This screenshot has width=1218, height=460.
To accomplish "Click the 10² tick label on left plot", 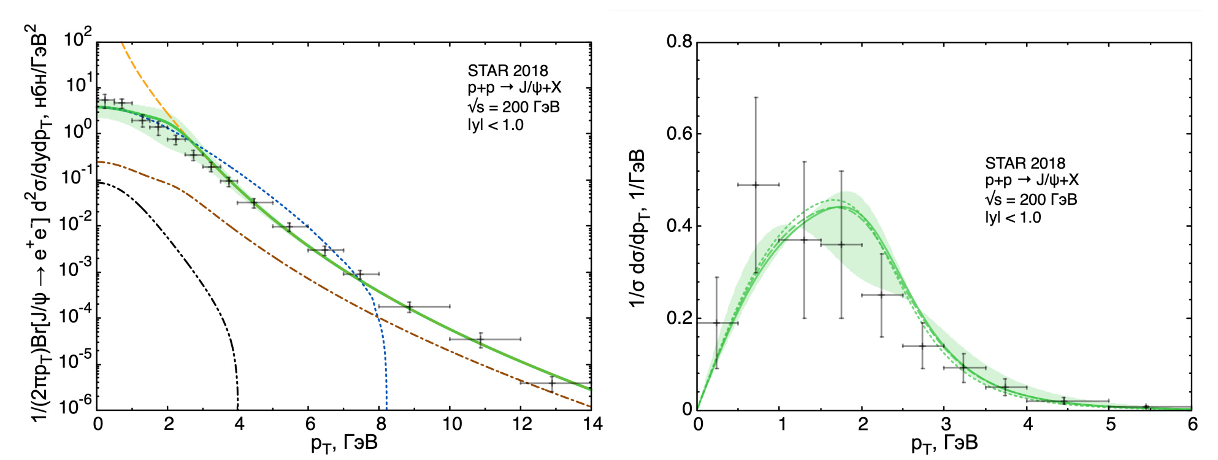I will tap(78, 39).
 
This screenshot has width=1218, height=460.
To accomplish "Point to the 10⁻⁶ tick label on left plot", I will tap(77, 405).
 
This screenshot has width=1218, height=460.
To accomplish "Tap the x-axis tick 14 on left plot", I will tap(592, 424).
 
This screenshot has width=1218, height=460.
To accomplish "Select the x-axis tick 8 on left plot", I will tap(381, 424).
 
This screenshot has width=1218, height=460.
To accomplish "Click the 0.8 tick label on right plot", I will tap(680, 42).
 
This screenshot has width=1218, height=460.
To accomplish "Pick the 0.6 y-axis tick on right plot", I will tap(680, 134).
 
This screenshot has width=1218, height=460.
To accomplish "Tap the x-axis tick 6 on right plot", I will tap(1192, 424).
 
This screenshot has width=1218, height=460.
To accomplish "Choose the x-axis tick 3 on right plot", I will tap(946, 424).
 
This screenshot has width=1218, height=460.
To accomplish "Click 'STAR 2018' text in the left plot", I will tap(508, 71).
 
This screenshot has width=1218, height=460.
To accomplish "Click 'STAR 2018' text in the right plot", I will tap(1025, 163).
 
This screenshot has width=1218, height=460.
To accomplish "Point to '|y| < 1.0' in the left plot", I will tap(496, 125).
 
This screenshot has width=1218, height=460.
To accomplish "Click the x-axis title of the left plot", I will tap(344, 443).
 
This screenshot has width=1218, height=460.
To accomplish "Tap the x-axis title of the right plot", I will tap(944, 443).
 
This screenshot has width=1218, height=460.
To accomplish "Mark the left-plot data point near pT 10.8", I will tap(481, 339).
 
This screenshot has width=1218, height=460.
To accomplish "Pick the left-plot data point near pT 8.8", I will tap(410, 306).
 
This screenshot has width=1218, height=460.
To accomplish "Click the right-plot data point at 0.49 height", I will tap(756, 185).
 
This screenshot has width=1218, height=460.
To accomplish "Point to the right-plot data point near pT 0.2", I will tap(717, 323).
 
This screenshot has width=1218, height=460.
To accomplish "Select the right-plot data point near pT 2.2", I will tap(882, 295).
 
